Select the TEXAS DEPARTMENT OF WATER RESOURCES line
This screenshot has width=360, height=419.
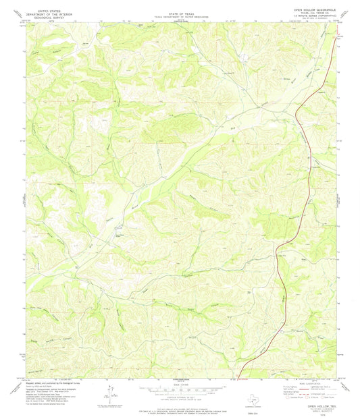click(180, 16)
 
